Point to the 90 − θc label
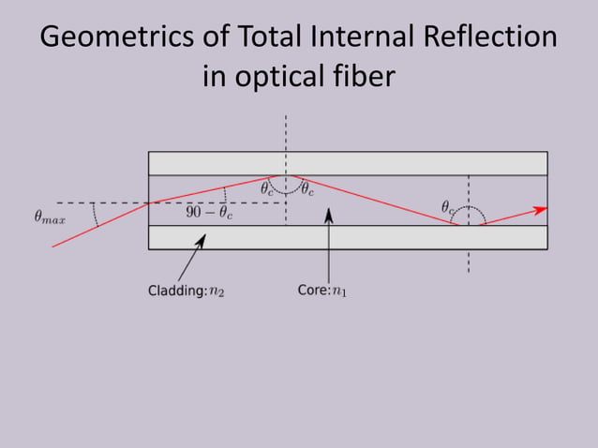pos(208,213)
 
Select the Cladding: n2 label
pos(186,291)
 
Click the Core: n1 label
pos(321,291)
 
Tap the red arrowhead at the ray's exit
pos(541,210)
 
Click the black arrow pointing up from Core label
pos(328,217)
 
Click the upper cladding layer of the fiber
pos(348,163)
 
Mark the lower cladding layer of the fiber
pos(348,238)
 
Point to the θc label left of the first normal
pos(267,188)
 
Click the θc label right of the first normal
pos(306,188)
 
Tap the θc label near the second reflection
pos(449,206)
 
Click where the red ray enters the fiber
pos(149,202)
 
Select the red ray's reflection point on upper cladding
pos(286,175)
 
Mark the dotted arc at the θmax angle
pos(95,216)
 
